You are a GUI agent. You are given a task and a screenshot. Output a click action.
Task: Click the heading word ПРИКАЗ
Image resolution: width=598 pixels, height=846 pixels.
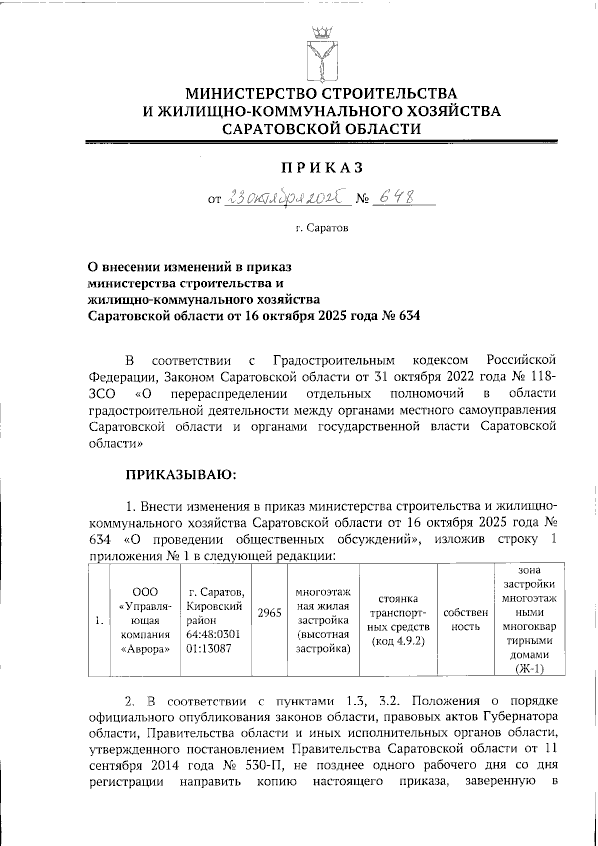click(x=321, y=168)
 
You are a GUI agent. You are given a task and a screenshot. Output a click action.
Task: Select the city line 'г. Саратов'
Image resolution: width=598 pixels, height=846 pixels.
click(x=321, y=228)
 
